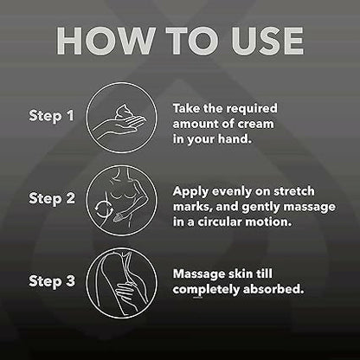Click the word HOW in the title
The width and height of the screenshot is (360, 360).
[106, 41]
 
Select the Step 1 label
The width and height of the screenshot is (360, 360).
[51, 116]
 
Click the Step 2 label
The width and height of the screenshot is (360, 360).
[52, 199]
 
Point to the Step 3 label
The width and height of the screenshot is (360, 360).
[52, 281]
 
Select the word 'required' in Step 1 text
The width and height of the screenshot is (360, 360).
[251, 109]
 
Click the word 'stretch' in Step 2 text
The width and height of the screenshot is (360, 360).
[294, 191]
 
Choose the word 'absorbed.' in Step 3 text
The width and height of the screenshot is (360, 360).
[273, 289]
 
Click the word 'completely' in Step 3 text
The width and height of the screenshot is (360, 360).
[206, 290]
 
